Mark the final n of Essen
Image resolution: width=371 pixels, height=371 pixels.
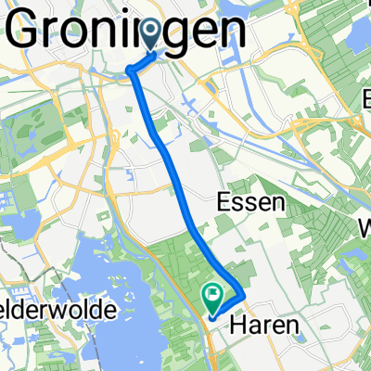[275, 204]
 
